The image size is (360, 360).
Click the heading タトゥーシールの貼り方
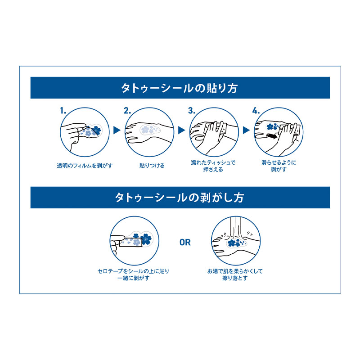point(179,88)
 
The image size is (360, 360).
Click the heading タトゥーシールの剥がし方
point(179,198)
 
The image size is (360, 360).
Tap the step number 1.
point(63,111)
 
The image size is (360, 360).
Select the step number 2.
point(127,111)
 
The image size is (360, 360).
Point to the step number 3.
point(192,111)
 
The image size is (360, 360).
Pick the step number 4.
point(256,111)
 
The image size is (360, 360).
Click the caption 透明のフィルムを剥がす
point(85,166)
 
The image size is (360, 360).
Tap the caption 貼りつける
point(152,166)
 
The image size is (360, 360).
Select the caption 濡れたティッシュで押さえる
point(213,166)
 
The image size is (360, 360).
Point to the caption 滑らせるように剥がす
point(279,166)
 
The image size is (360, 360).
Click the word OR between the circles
point(185,242)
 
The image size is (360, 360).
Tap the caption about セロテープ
point(133,274)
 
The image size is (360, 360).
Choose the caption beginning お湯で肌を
point(235,274)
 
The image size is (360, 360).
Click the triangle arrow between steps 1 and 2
point(117,130)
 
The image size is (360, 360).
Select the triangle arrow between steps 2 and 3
point(181,130)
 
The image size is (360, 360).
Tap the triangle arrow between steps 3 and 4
point(246,130)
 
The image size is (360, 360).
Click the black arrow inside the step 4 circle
point(272,136)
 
